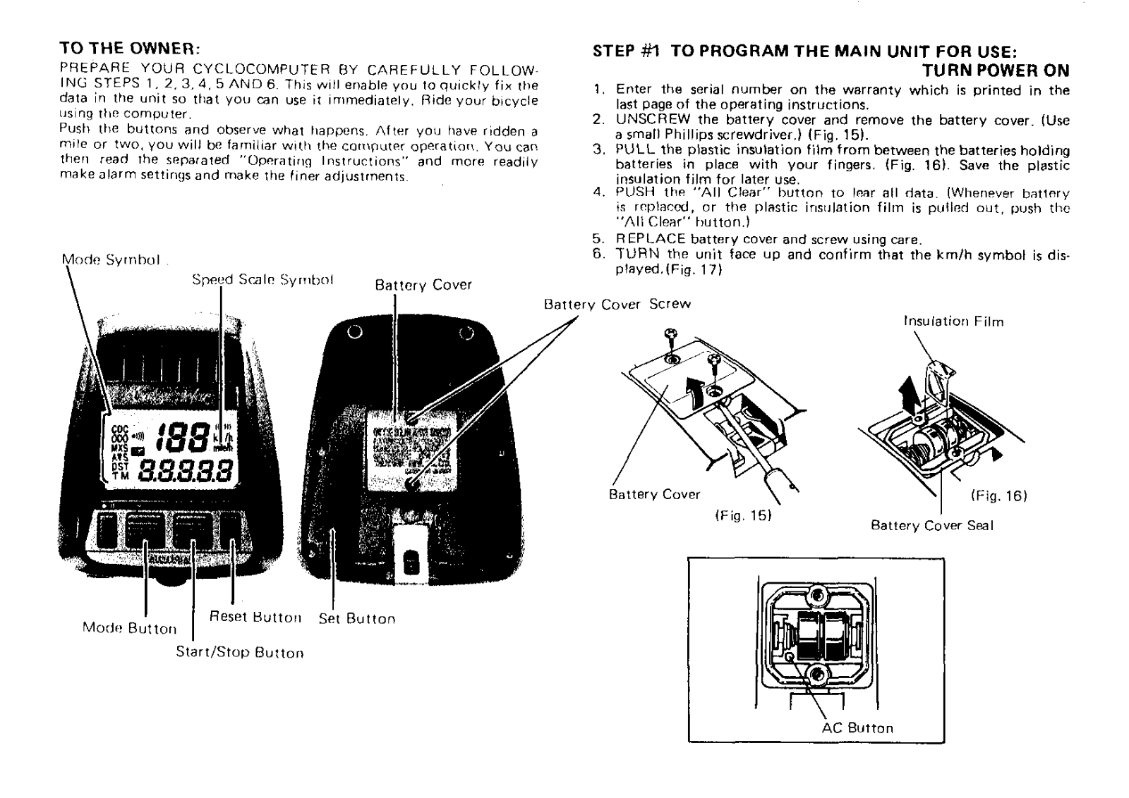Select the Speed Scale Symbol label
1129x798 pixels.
coord(262,280)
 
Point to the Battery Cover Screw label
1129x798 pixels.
coord(617,305)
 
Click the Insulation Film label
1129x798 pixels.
coord(953,321)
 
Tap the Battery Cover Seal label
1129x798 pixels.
coord(932,526)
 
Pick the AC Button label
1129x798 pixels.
coord(857,728)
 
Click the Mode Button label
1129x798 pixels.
coord(129,628)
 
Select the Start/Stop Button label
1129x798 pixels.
coord(240,653)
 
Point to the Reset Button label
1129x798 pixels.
coord(255,618)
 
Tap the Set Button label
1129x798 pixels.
coord(357,619)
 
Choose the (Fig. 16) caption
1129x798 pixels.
coord(998,496)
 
